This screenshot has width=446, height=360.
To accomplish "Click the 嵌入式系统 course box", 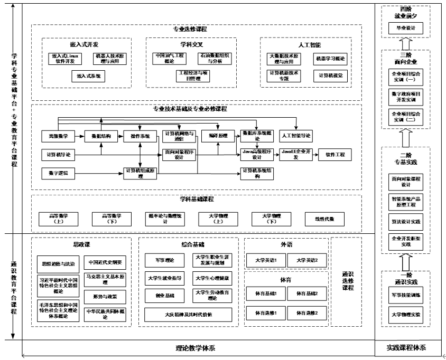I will coord(88,76).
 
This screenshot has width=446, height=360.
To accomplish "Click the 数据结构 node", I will coord(101,136).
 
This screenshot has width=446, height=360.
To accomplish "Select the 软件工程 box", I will coord(335,155).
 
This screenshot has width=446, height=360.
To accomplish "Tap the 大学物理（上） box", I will coord(217,219).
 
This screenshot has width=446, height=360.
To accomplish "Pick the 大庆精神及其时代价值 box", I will coord(188,315).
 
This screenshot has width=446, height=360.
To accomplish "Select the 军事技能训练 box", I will coord(406,296).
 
